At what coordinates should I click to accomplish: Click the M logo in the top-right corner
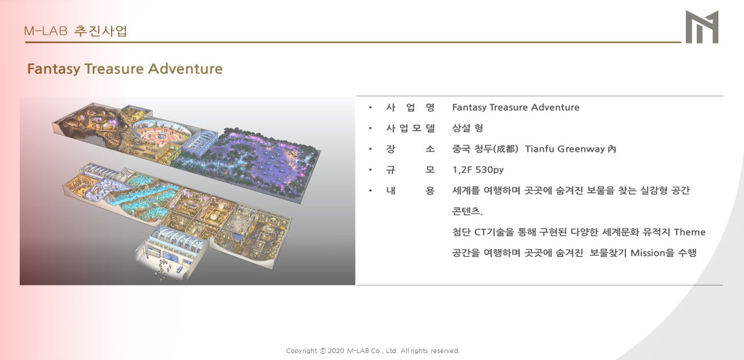702,27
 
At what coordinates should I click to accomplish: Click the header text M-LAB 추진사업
76,31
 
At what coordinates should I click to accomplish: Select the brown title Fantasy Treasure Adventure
125,69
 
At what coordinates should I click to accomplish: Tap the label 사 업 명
410,108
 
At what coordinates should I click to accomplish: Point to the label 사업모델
410,128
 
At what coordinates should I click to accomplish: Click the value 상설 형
468,128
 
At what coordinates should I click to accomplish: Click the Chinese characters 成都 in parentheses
506,148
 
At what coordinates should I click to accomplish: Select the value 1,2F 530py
478,170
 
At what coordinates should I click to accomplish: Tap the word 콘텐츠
467,211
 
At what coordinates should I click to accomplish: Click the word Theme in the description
689,232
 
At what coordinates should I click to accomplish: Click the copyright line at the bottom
373,351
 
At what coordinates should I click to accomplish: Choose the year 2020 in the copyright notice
336,351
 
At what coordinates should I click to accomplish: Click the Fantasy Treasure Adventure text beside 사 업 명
516,108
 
